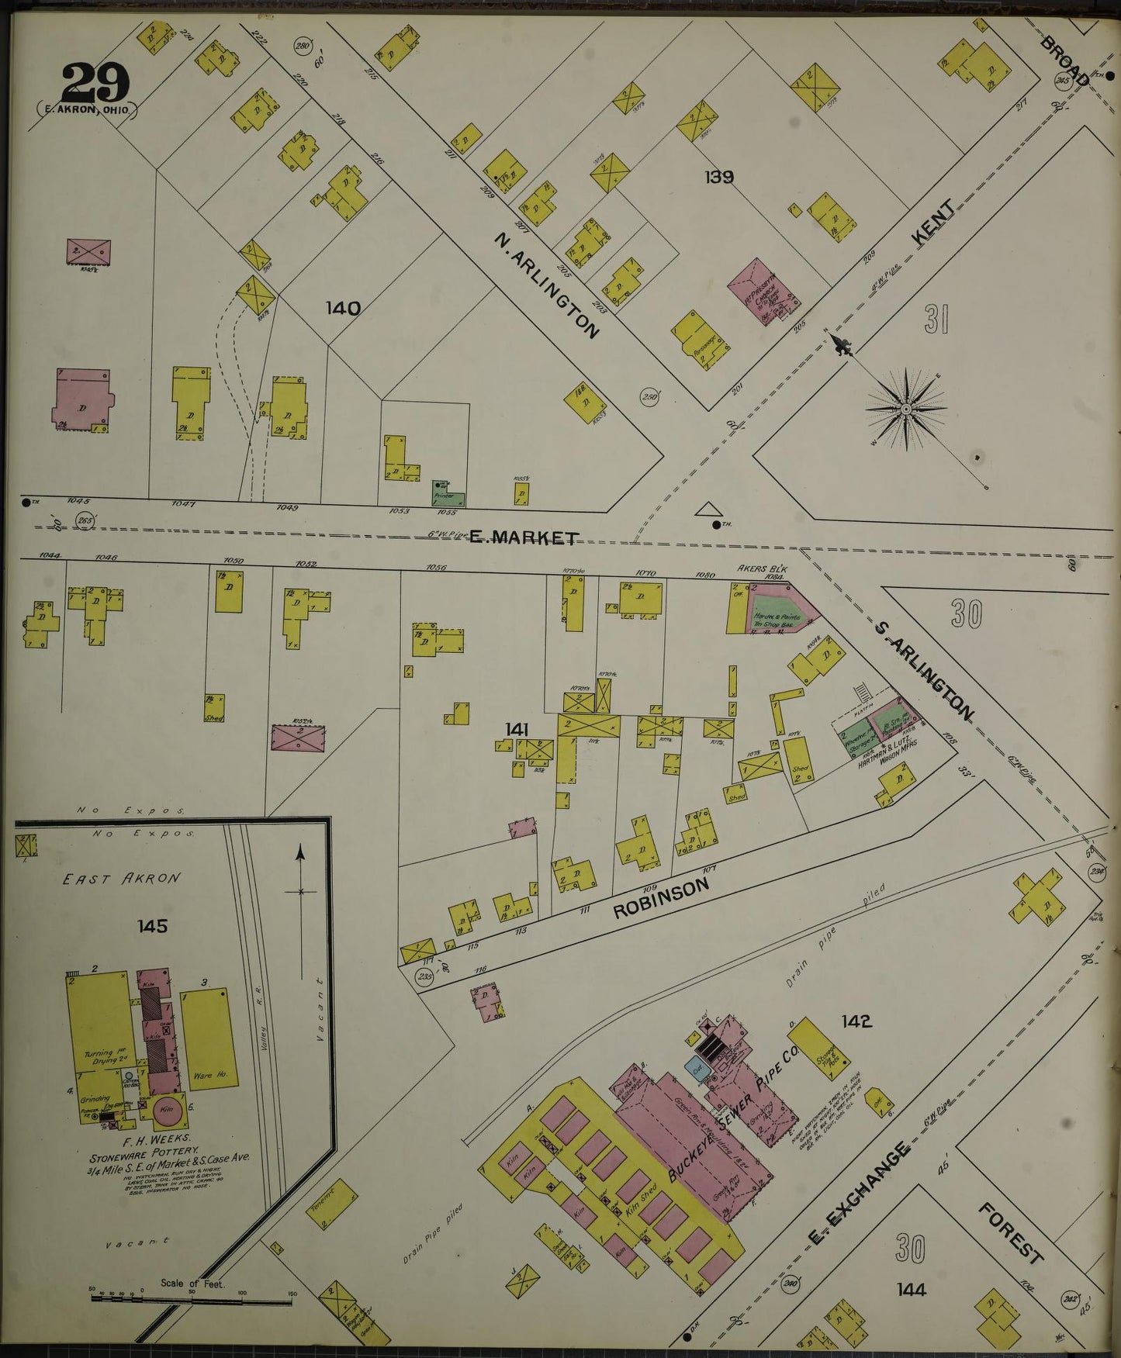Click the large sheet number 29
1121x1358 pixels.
(x=95, y=81)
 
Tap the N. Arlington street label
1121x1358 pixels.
(x=547, y=287)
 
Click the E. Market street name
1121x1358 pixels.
(x=524, y=537)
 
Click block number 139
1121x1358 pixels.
(x=719, y=177)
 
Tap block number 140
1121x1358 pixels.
(x=343, y=309)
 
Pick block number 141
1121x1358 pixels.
(x=517, y=729)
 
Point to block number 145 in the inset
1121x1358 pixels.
(x=152, y=926)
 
